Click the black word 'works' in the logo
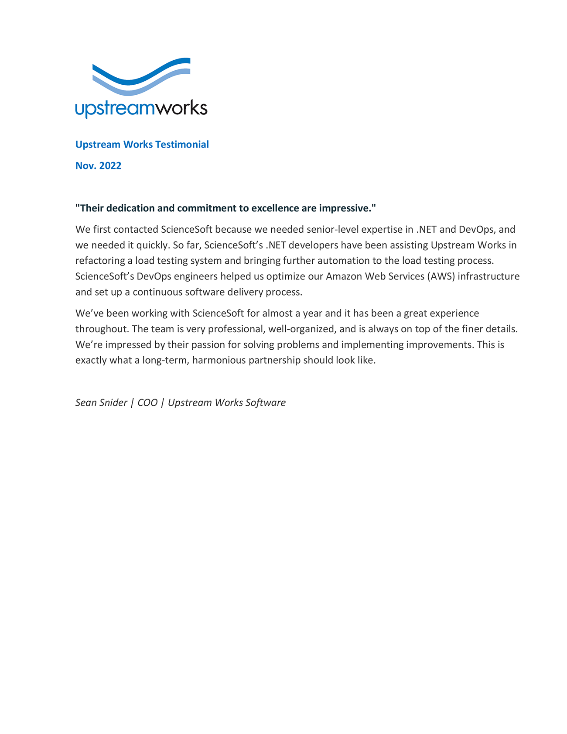[x=181, y=108]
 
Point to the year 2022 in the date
[x=110, y=166]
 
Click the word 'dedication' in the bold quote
[x=131, y=208]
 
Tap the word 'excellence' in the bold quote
[x=275, y=208]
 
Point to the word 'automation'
[x=343, y=261]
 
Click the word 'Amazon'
[x=344, y=277]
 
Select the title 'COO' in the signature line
[x=147, y=403]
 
